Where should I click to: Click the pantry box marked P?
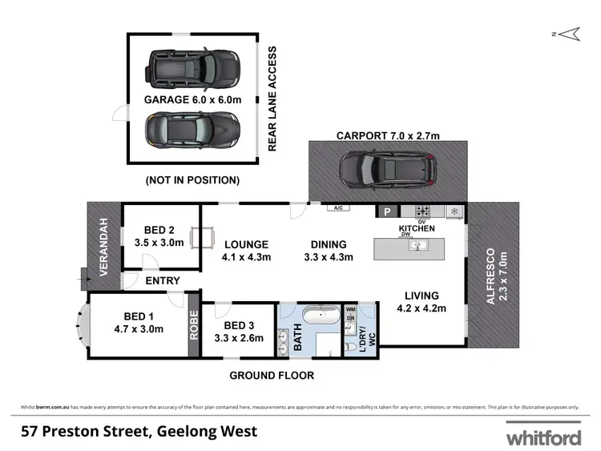(x=387, y=211)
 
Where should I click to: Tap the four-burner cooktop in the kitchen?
(x=422, y=211)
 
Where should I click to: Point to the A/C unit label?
(x=337, y=208)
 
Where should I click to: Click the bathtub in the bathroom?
(x=325, y=316)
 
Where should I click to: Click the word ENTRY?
(x=163, y=280)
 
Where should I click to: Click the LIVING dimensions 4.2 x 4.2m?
(x=422, y=308)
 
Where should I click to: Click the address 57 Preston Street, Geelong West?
(x=139, y=432)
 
